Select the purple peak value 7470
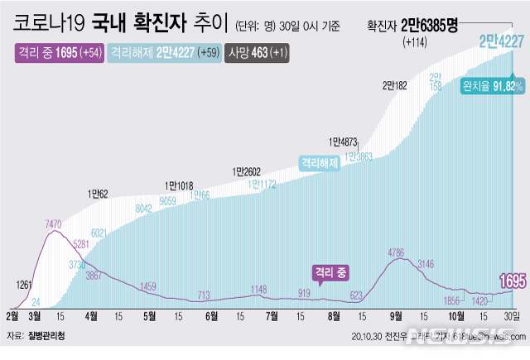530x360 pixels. click(x=54, y=224)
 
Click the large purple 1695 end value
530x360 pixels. click(x=510, y=282)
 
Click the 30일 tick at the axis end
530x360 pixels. click(x=512, y=315)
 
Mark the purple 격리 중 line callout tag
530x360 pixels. click(x=331, y=271)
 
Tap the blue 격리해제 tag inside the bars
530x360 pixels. click(x=320, y=163)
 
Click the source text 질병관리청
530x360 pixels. click(x=48, y=337)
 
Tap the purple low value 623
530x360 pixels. click(x=357, y=294)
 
